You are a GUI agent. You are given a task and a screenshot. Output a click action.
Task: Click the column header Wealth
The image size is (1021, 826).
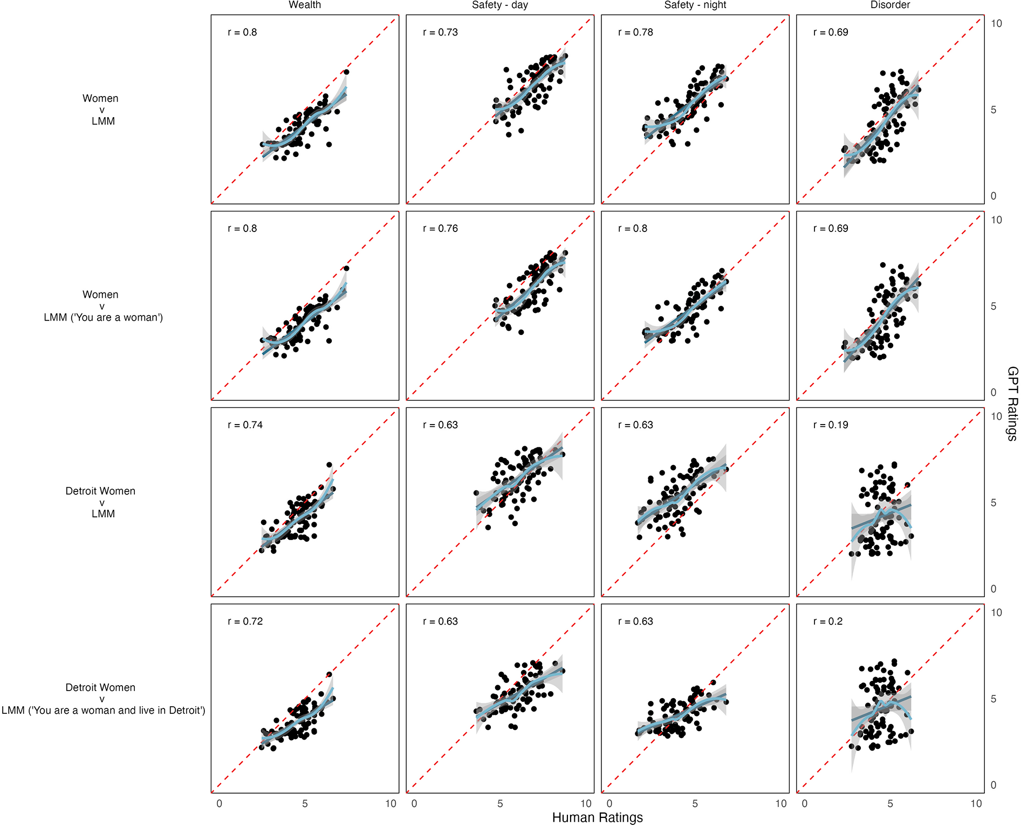(305, 5)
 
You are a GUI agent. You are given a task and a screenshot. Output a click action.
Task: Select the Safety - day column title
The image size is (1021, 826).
(499, 5)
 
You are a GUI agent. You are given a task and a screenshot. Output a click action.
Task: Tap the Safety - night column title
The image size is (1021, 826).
(695, 5)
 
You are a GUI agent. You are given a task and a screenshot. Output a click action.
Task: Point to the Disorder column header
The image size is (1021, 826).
(890, 5)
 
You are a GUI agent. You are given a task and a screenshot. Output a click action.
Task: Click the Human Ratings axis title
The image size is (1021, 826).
(597, 817)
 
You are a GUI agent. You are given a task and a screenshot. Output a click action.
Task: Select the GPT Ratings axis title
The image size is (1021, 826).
(1012, 404)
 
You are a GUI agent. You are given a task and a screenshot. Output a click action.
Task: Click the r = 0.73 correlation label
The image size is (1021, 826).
(440, 32)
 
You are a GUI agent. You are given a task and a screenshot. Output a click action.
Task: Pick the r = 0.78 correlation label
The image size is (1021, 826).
(635, 32)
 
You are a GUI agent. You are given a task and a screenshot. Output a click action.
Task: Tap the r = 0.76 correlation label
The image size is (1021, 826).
(440, 229)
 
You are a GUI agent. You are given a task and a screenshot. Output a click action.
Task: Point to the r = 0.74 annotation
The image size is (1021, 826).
(245, 425)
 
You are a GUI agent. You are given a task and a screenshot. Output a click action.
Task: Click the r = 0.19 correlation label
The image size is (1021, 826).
(831, 425)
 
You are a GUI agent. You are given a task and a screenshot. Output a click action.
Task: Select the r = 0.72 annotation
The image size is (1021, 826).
(245, 622)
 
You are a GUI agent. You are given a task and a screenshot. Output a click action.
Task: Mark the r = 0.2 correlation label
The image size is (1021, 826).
(828, 622)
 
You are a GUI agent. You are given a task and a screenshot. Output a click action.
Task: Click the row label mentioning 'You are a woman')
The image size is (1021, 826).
(103, 317)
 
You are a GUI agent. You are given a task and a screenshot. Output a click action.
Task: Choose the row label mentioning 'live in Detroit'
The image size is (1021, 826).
(103, 710)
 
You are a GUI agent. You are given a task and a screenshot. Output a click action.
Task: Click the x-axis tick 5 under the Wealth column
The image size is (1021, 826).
(305, 803)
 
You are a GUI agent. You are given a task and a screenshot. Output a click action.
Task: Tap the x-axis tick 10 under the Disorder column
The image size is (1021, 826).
(976, 803)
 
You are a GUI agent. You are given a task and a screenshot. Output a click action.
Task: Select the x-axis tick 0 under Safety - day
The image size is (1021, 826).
(414, 803)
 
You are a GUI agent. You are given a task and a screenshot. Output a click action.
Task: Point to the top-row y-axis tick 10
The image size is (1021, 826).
(996, 24)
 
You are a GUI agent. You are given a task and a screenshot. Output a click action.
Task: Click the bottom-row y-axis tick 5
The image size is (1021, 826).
(993, 699)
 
